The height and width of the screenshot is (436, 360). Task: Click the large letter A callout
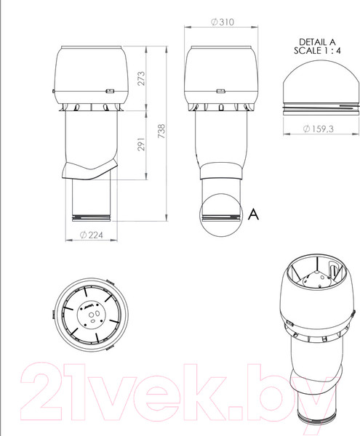(253, 213)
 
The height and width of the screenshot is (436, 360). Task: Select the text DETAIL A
(318, 42)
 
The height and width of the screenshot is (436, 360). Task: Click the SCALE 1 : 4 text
(318, 52)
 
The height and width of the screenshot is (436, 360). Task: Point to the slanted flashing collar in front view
(89, 168)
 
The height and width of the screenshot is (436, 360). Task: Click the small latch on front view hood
(111, 92)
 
